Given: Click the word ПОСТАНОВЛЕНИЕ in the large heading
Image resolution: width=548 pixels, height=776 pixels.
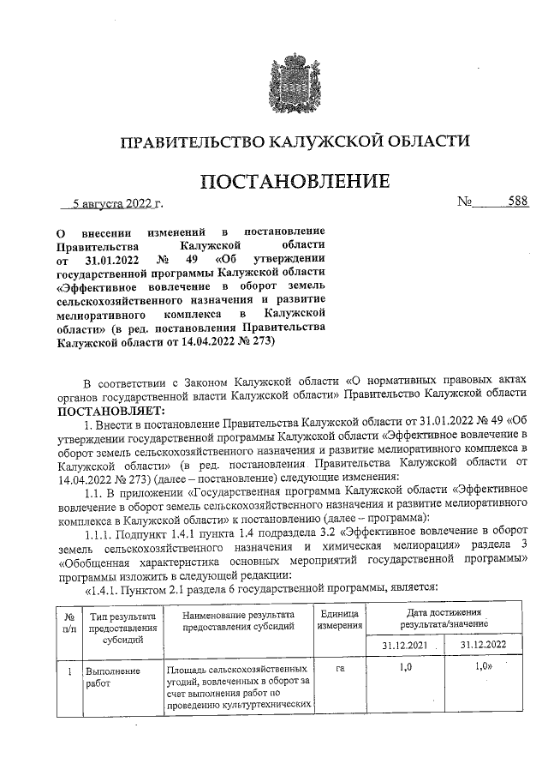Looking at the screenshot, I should (295, 183).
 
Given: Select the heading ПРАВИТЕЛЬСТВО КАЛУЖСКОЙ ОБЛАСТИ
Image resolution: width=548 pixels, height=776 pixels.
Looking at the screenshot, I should (295, 141).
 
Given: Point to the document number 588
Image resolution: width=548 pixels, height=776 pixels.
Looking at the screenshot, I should (516, 203).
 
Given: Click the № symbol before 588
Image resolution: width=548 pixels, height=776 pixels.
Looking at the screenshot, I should (467, 204).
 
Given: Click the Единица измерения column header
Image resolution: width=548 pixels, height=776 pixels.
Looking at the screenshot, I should (339, 621).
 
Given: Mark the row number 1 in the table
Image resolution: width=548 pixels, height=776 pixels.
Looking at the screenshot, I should (67, 668).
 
